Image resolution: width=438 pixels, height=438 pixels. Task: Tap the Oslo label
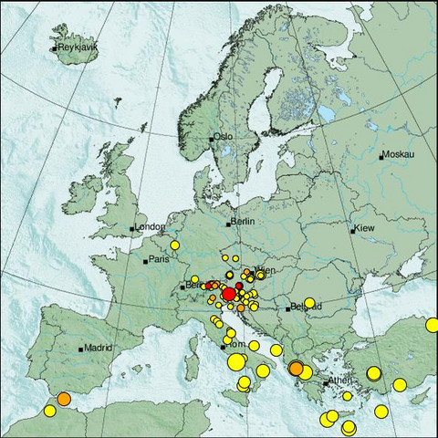pos(224,137)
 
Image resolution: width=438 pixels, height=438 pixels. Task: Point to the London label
pos(150,226)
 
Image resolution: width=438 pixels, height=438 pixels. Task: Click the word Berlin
pos(242,222)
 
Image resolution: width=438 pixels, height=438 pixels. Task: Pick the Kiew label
pos(364,227)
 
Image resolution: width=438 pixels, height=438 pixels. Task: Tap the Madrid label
pos(97,348)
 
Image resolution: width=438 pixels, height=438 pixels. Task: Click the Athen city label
pos(340,380)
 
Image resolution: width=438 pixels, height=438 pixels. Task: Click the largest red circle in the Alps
pos(229,293)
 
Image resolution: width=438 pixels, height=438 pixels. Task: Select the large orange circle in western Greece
pos(296,368)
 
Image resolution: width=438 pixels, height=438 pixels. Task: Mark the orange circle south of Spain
pos(64,399)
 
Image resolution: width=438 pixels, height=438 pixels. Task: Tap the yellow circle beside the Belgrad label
pos(309,303)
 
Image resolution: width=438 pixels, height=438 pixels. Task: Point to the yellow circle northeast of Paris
pos(174,245)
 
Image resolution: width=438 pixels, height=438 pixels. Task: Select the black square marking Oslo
pos(212,139)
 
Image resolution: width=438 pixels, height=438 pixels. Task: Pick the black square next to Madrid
pos(82,349)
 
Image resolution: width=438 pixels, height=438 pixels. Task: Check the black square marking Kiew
pos(353,229)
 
